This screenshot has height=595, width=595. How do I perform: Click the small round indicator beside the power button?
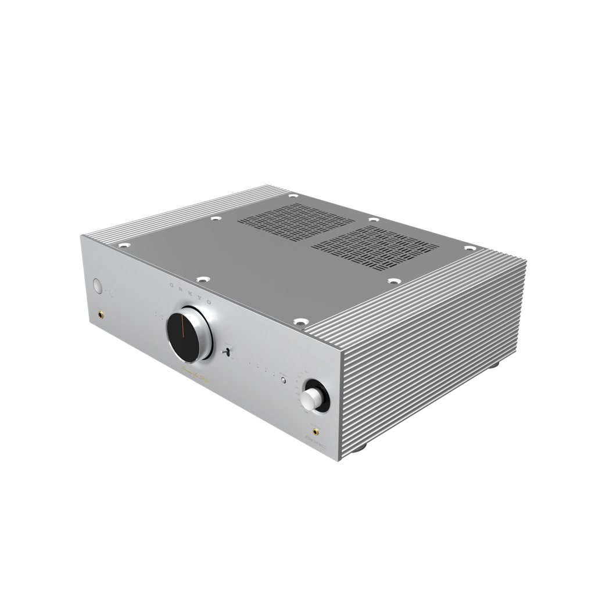pyautogui.click(x=113, y=291)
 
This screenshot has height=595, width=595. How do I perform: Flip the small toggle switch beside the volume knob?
pyautogui.click(x=228, y=352)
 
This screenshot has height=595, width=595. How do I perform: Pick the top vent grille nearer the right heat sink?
pyautogui.click(x=374, y=248)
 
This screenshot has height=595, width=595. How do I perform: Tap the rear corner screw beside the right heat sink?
pyautogui.click(x=468, y=248)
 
